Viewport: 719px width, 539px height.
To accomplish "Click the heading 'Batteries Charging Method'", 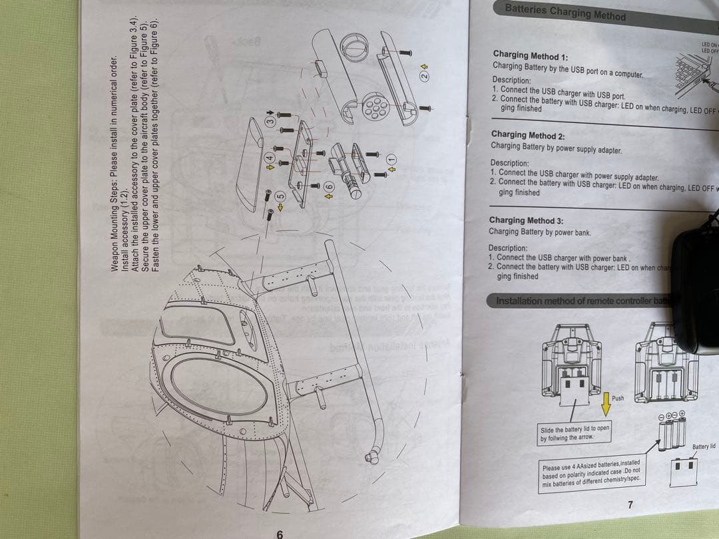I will point(565,12).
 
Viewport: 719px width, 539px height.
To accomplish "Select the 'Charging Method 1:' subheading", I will point(530,55).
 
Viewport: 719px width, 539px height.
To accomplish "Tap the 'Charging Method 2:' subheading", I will point(527,135).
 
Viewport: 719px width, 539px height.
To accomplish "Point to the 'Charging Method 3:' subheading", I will point(525,220).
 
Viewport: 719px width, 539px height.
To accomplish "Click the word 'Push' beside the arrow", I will point(618,398).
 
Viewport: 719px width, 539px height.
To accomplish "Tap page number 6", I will point(280,534).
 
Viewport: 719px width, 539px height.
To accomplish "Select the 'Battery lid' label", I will point(703,447).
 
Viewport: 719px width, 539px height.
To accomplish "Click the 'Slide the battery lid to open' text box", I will point(574,434).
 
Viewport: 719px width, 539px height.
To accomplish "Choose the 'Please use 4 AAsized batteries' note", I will point(591,474).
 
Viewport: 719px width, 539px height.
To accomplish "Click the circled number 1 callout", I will point(391,160).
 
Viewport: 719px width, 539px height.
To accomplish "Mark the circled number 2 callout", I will point(423,75).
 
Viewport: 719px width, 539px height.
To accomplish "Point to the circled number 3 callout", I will point(270,122).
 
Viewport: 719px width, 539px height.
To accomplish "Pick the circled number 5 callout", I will point(280,197).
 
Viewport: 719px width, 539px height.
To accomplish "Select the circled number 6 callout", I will point(328,188).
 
